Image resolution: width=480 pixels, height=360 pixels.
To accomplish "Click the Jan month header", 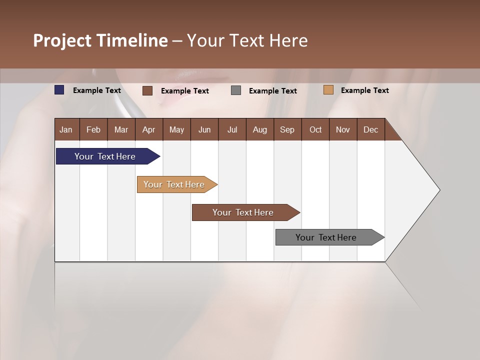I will click(x=66, y=129).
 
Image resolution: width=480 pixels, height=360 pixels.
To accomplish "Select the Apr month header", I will click(x=149, y=129).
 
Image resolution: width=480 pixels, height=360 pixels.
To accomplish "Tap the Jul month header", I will click(x=232, y=129).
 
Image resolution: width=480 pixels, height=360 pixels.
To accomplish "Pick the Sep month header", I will click(x=287, y=129).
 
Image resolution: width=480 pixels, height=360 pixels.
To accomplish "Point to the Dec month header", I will click(x=370, y=129).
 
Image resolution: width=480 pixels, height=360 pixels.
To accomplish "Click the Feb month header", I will click(x=93, y=129).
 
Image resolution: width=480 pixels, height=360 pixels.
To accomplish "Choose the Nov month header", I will click(x=343, y=129).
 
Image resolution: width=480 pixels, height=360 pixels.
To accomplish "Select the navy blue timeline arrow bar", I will click(x=105, y=156).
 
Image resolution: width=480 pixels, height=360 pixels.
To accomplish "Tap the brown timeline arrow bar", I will click(x=243, y=212).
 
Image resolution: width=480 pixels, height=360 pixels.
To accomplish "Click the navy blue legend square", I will click(x=59, y=90).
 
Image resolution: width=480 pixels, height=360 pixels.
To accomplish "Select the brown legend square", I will click(x=147, y=90).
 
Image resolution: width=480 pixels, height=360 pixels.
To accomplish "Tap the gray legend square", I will click(x=236, y=90).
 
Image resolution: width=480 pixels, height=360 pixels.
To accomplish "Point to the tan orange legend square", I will click(x=328, y=90).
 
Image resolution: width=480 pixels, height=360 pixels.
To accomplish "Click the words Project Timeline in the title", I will click(x=100, y=40).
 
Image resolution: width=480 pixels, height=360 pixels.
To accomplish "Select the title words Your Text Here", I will click(x=247, y=40).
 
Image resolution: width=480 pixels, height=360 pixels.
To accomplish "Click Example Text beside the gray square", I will click(x=273, y=90).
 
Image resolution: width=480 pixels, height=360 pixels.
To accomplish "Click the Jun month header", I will click(x=204, y=129).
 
